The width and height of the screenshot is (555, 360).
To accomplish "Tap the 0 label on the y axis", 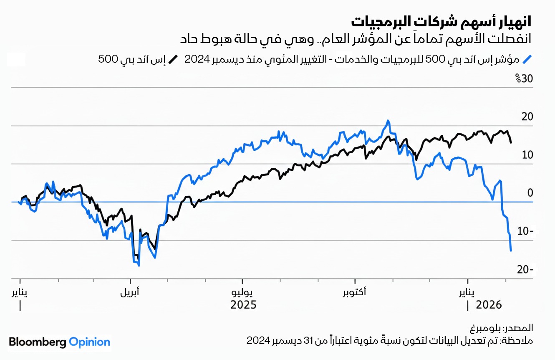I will click(x=530, y=193).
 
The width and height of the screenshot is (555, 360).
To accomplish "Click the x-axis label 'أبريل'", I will click(x=130, y=292).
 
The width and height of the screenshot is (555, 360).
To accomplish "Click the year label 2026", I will click(x=488, y=305).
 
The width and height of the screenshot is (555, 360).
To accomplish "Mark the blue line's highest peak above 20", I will click(x=388, y=121).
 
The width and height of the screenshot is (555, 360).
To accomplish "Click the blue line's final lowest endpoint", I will click(x=511, y=251).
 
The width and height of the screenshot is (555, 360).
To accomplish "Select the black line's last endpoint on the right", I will click(x=511, y=142).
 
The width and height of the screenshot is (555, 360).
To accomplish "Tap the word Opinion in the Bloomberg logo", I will click(x=89, y=342).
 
